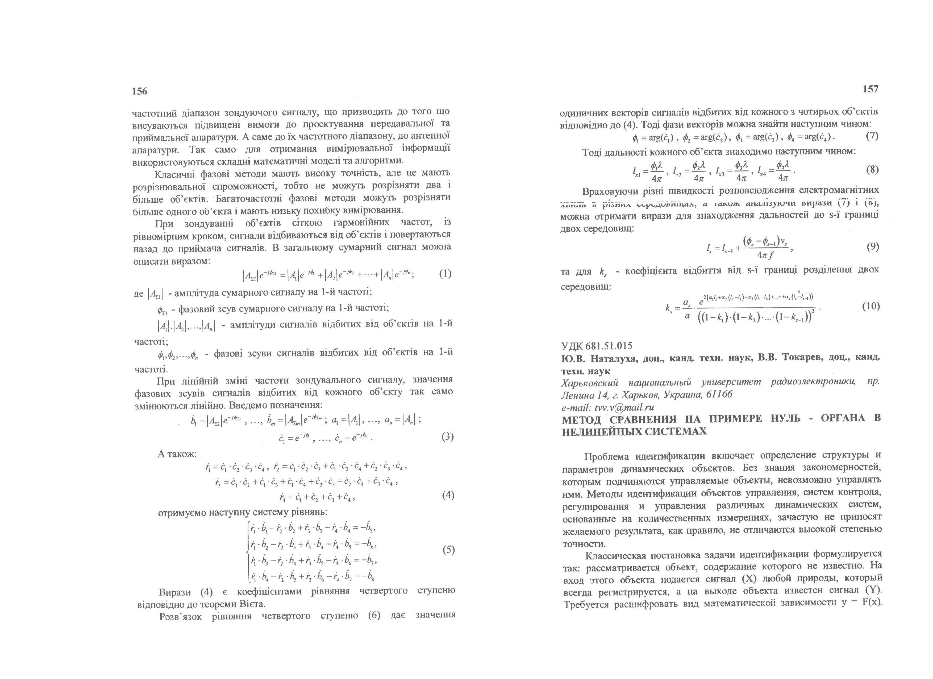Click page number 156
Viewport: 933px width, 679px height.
139,91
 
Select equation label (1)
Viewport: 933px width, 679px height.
445,274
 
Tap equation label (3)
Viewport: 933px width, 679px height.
447,437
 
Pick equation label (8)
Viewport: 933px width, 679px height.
872,170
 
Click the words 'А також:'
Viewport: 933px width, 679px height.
177,454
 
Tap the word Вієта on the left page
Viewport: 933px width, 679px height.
253,604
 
